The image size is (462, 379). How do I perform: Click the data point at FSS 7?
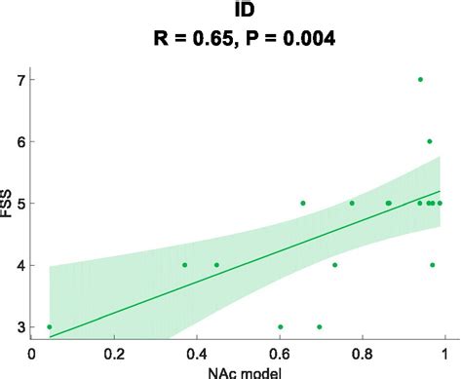click(420, 79)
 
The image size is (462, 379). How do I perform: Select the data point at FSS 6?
click(429, 141)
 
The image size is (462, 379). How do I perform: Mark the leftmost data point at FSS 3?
click(50, 327)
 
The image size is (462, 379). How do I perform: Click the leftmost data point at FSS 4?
click(184, 265)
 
